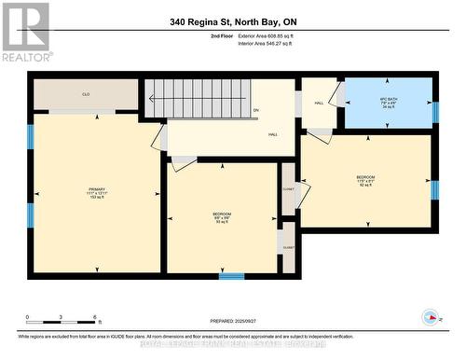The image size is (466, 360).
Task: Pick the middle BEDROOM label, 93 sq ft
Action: (222, 218)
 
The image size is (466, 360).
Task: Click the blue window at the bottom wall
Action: (232, 275)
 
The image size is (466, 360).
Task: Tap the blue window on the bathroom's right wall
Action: (435, 113)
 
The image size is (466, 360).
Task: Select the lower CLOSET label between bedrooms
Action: (287, 247)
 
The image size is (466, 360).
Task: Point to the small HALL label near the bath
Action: (318, 104)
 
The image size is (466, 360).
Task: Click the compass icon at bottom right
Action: (431, 316)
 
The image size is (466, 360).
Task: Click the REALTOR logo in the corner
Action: (25, 33)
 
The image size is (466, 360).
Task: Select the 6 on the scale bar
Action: (97, 317)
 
